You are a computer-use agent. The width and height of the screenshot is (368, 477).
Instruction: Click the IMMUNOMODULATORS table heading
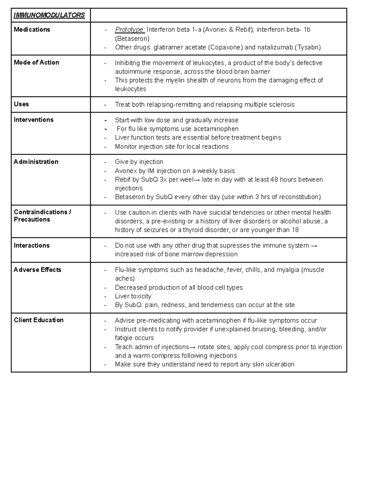click(x=49, y=15)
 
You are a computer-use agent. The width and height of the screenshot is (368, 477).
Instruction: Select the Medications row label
click(x=32, y=29)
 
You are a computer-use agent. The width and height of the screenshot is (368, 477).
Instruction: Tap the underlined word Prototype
click(x=130, y=29)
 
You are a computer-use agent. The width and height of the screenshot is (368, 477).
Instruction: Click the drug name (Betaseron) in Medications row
click(x=132, y=38)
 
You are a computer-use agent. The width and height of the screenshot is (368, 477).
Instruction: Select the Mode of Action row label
click(x=36, y=62)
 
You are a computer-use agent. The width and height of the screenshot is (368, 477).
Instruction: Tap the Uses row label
click(x=21, y=104)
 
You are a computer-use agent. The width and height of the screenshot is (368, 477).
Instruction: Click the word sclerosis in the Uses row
click(x=282, y=104)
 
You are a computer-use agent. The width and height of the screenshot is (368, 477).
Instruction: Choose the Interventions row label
click(x=33, y=120)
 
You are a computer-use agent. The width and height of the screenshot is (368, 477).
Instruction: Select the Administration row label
click(x=36, y=162)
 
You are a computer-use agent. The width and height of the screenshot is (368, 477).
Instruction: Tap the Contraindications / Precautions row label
click(x=42, y=216)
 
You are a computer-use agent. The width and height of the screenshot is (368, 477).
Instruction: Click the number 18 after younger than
click(x=295, y=230)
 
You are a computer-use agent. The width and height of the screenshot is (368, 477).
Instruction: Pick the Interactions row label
click(x=32, y=245)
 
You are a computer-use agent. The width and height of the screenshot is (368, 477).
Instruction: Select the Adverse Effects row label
click(x=37, y=270)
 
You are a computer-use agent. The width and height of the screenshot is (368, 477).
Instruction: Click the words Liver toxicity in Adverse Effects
click(x=133, y=296)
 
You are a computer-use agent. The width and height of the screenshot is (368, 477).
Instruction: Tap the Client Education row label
click(x=39, y=320)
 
